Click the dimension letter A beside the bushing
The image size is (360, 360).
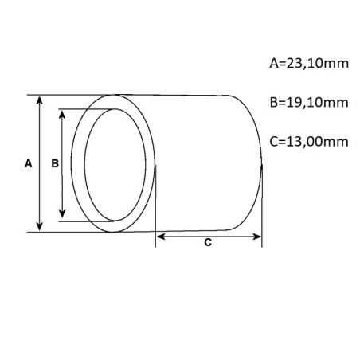28,163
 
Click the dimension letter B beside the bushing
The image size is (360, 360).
54,163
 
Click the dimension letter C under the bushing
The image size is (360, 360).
207,244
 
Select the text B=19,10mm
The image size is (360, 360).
310,102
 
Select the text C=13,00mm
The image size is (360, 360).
310,142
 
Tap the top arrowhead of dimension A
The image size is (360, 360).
40,100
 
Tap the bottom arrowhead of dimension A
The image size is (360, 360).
40,228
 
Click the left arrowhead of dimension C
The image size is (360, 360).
158,236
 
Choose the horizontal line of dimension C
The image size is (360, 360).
209,236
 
